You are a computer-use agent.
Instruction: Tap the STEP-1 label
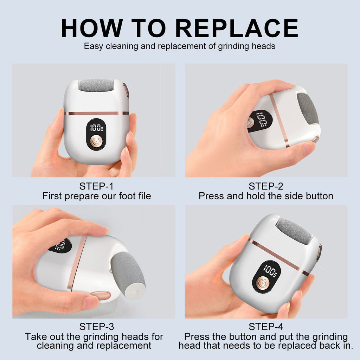click(x=96, y=186)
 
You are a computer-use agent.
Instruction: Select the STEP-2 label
click(x=266, y=186)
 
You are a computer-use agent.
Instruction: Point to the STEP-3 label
click(x=96, y=327)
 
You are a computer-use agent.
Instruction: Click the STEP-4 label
click(x=266, y=327)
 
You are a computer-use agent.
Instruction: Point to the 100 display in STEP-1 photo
click(x=96, y=128)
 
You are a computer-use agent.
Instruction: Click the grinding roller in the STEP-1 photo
click(x=96, y=85)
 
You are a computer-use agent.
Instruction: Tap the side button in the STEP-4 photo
click(x=319, y=252)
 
